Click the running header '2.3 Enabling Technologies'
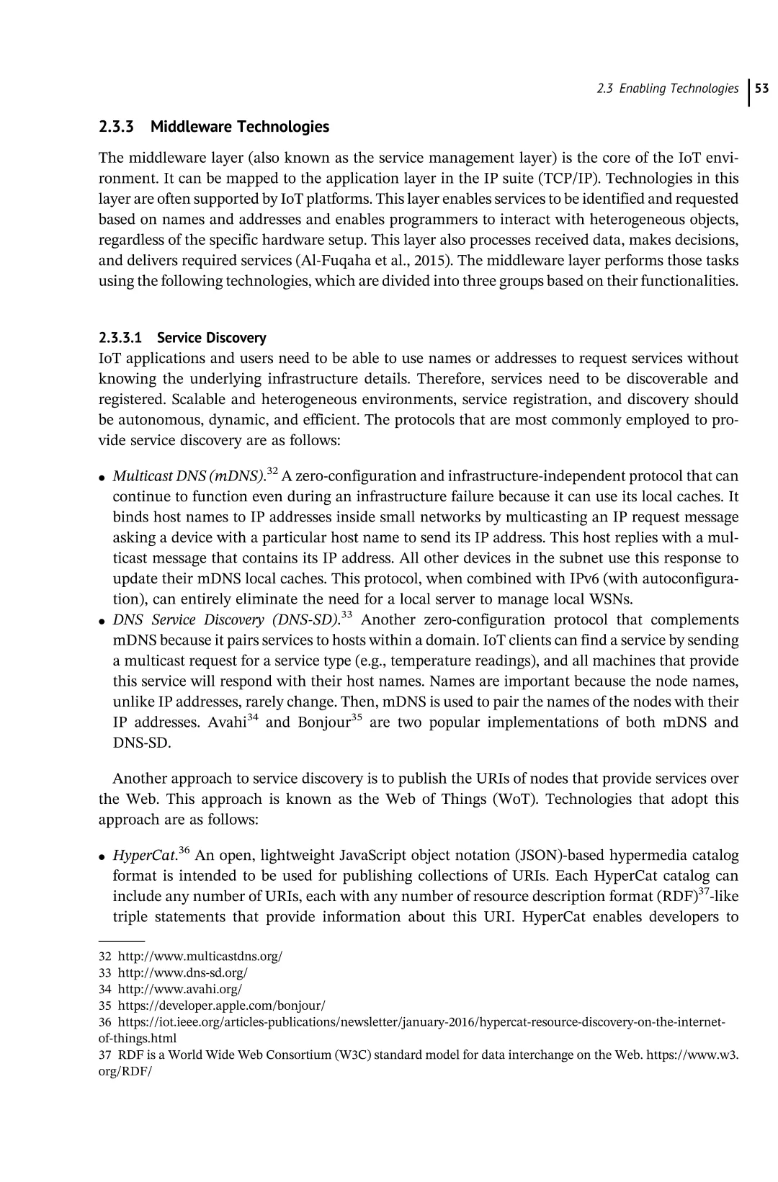pyautogui.click(x=668, y=89)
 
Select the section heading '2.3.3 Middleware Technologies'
pyautogui.click(x=213, y=127)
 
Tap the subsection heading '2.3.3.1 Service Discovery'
pyautogui.click(x=182, y=337)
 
